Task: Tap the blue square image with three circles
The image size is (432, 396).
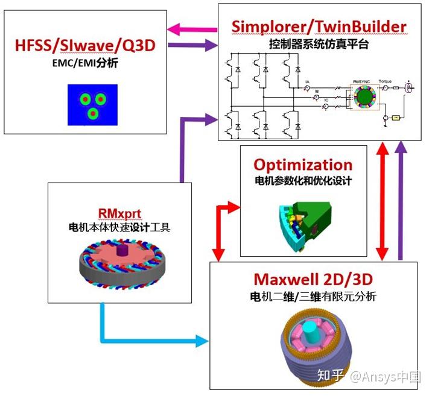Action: pyautogui.click(x=91, y=104)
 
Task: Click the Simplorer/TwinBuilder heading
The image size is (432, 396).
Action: pyautogui.click(x=319, y=27)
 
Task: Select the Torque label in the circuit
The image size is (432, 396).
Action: pyautogui.click(x=385, y=81)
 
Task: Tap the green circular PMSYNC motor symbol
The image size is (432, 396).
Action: pyautogui.click(x=364, y=96)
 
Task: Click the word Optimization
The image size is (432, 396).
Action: pyautogui.click(x=303, y=165)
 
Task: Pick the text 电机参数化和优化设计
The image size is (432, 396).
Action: pyautogui.click(x=303, y=180)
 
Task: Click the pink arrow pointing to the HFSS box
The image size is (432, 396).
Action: pyautogui.click(x=191, y=28)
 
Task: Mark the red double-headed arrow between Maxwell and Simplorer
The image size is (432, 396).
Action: pyautogui.click(x=381, y=201)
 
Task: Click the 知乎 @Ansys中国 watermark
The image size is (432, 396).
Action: pyautogui.click(x=368, y=377)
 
